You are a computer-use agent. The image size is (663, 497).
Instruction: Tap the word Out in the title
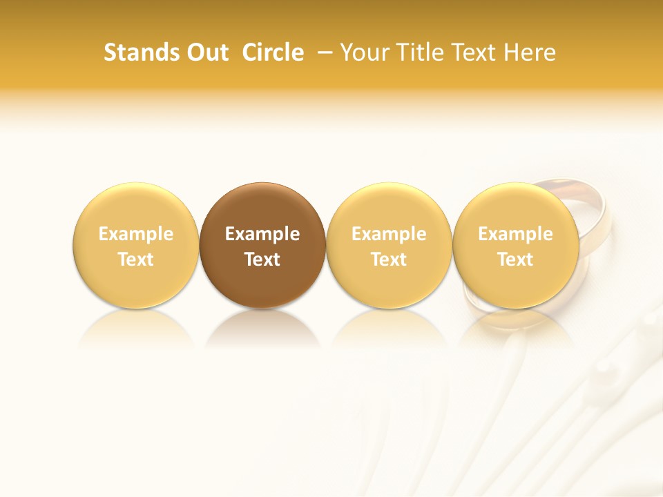pyautogui.click(x=205, y=52)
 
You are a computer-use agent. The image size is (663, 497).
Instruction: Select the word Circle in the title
pyautogui.click(x=273, y=52)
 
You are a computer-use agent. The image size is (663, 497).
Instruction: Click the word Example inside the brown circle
pyautogui.click(x=262, y=234)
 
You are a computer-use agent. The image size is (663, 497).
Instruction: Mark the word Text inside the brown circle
pyautogui.click(x=262, y=260)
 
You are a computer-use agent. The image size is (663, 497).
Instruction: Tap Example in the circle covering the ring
pyautogui.click(x=516, y=234)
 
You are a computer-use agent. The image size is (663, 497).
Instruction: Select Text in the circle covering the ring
pyautogui.click(x=516, y=260)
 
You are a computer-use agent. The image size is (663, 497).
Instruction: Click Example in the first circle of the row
pyautogui.click(x=136, y=234)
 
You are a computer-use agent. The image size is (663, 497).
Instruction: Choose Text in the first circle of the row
pyautogui.click(x=136, y=260)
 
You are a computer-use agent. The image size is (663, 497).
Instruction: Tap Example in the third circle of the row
pyautogui.click(x=389, y=234)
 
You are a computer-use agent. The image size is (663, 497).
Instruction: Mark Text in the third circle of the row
pyautogui.click(x=389, y=260)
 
